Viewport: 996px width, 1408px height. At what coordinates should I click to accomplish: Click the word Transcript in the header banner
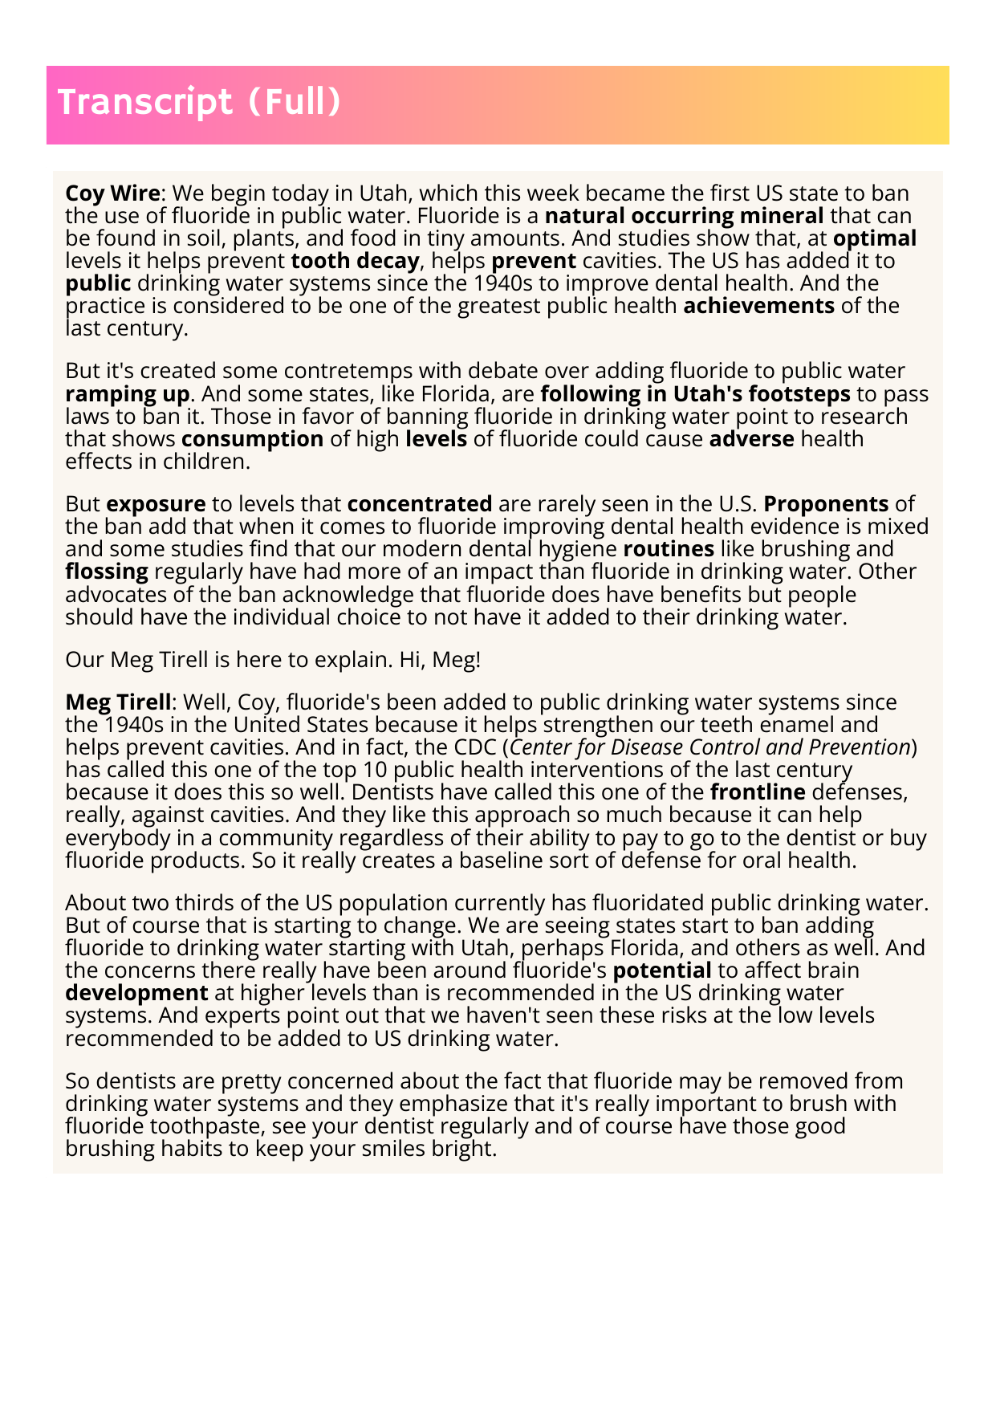[144, 103]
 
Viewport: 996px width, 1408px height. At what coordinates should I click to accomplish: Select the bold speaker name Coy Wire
[112, 193]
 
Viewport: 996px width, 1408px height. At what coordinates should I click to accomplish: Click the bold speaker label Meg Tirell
[118, 702]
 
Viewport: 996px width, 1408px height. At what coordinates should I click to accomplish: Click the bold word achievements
[758, 306]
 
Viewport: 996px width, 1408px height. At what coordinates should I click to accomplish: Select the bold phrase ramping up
[128, 394]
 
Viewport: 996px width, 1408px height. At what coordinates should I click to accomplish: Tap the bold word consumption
[252, 439]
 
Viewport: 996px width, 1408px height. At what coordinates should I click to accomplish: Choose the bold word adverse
[751, 439]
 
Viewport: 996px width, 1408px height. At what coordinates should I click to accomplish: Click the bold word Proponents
[826, 504]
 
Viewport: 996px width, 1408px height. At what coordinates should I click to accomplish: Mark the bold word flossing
[107, 572]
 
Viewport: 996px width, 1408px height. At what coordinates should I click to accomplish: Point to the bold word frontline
[758, 792]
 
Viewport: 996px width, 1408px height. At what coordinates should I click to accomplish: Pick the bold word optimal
[875, 238]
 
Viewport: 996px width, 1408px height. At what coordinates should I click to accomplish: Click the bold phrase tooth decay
[355, 261]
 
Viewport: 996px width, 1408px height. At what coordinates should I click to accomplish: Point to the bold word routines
[669, 549]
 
